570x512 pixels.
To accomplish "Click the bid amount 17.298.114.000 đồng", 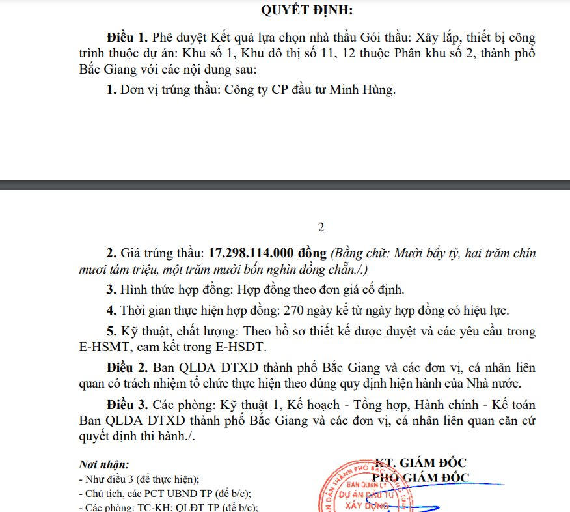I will point(268,253).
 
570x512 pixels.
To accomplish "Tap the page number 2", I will point(320,227).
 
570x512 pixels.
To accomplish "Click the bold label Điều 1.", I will point(122,38).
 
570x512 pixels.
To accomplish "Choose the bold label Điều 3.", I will point(122,405).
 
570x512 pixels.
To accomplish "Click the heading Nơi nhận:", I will point(103,465).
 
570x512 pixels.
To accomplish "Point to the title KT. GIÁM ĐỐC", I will point(420,463).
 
